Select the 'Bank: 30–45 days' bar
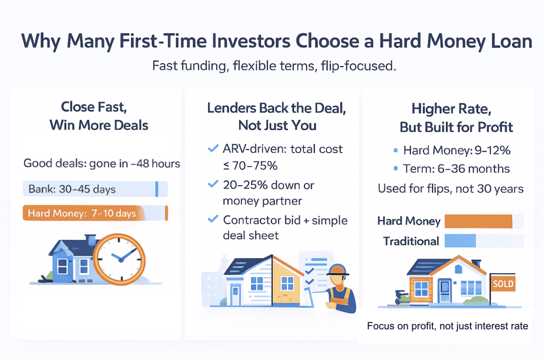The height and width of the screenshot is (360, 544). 95,189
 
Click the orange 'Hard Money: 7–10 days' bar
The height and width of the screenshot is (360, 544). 95,213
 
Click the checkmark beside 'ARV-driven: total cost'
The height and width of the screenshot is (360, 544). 212,149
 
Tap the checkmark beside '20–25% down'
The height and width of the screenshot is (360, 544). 212,184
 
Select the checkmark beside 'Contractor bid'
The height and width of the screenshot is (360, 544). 212,220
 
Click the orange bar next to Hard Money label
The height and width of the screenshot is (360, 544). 479,221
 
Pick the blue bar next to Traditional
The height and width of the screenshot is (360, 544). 460,241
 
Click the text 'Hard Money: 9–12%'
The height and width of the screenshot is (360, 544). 456,150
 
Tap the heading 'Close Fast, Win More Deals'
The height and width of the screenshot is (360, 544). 99,115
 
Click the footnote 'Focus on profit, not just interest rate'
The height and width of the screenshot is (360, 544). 447,326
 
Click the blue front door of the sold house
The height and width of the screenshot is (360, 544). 445,290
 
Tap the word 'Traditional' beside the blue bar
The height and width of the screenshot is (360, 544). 411,241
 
